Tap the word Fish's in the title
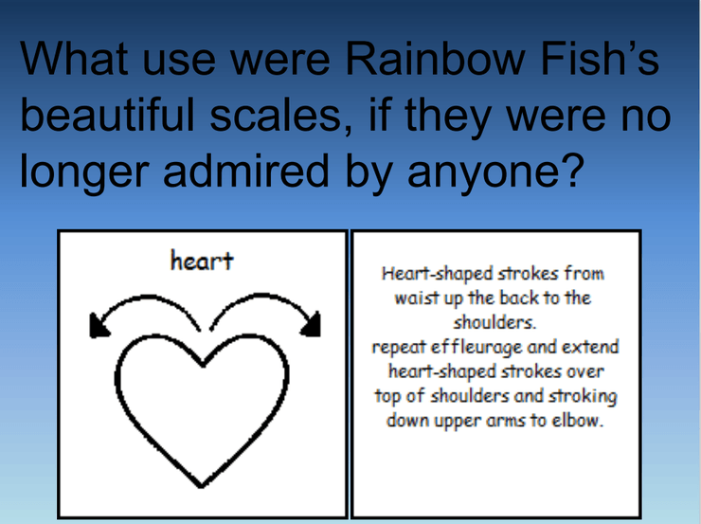pyautogui.click(x=600, y=59)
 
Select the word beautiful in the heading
pyautogui.click(x=107, y=115)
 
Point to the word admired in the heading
pyautogui.click(x=246, y=171)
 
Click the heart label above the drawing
pyautogui.click(x=202, y=261)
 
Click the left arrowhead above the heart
pyautogui.click(x=99, y=325)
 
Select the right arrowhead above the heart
pyautogui.click(x=312, y=324)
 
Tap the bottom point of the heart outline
pyautogui.click(x=201, y=486)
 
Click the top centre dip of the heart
pyautogui.click(x=203, y=365)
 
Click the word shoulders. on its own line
pyautogui.click(x=494, y=322)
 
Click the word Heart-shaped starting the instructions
pyautogui.click(x=437, y=274)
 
